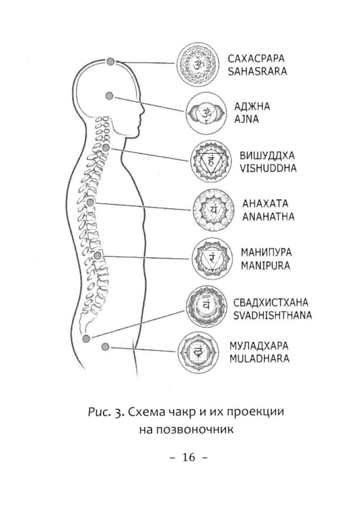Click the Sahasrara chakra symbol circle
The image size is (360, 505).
pos(198,65)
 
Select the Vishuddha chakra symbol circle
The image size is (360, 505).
pos(211,161)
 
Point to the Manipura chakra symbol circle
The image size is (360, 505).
pos(212,259)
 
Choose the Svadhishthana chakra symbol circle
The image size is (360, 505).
pos(207,306)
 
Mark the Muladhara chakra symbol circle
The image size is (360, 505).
pos(199,353)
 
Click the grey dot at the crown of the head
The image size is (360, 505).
pos(110,61)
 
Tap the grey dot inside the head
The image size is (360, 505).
pos(110,96)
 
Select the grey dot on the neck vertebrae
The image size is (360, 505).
pos(106,147)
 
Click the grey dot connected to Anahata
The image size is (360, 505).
pos(90,202)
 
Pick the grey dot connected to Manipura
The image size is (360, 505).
pos(98,256)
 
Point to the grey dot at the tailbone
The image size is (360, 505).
pos(86,338)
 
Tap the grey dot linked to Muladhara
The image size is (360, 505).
pos(105,347)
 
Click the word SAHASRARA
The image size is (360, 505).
pos(257,71)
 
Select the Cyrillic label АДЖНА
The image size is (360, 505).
pos(252,106)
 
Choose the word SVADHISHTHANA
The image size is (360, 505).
pos(272,315)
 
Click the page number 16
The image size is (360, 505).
pos(188,457)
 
